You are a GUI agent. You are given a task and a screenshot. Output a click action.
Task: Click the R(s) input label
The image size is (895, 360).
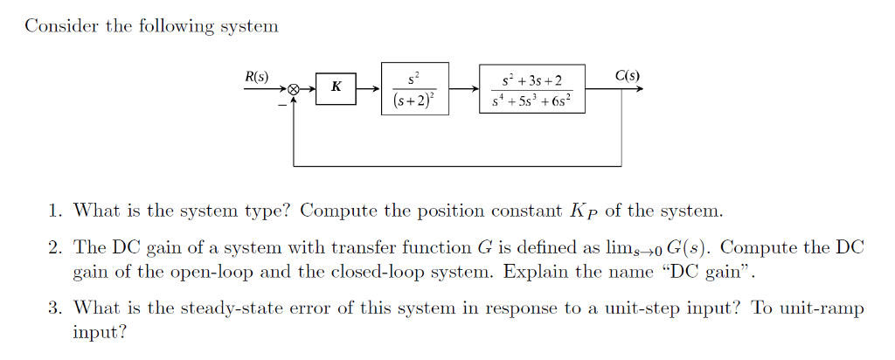pos(256,76)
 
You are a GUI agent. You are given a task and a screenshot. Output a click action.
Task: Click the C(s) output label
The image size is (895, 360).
pos(627,76)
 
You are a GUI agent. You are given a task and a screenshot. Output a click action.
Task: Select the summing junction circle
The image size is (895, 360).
pos(295,89)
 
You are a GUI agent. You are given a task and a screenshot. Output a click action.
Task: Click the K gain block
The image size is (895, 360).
pos(336,88)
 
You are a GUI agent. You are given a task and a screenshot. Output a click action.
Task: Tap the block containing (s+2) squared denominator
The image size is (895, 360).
pos(414,88)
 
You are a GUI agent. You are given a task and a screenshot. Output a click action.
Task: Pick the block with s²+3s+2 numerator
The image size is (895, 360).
pos(531,88)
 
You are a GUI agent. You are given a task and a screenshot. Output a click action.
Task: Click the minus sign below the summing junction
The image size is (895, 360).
pos(281,103)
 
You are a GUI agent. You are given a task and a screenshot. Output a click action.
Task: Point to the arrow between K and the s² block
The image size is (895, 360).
pos(369,88)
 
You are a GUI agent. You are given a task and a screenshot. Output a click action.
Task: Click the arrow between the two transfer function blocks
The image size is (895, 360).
pos(463,88)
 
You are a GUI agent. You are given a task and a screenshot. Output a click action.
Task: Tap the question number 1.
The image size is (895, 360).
pos(55,211)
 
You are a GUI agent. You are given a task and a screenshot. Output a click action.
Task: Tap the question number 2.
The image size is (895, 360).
pos(55,248)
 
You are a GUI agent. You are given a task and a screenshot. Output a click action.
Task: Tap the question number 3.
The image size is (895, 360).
pos(55,308)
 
